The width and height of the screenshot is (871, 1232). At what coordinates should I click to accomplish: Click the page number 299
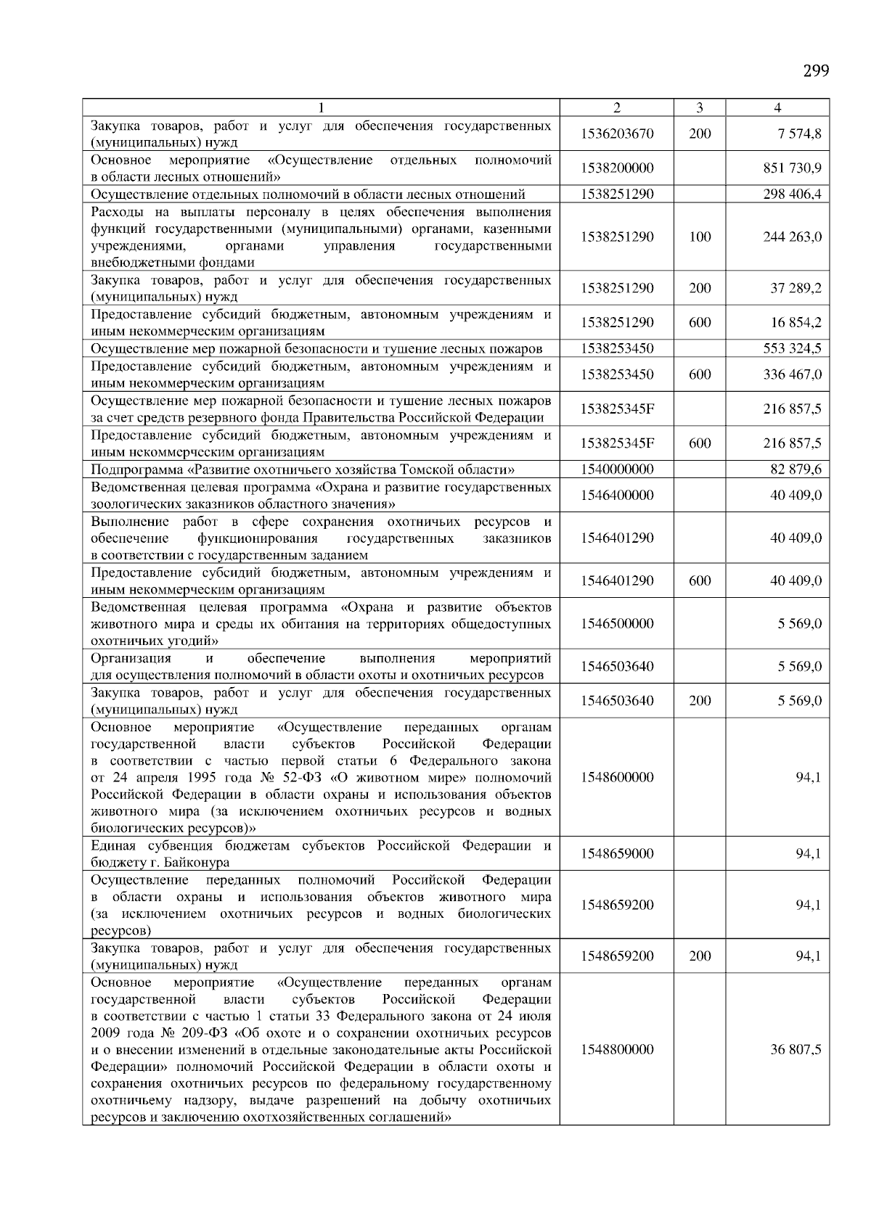[816, 71]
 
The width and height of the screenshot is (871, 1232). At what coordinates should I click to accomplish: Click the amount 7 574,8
[796, 134]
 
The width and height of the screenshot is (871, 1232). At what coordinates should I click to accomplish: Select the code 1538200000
[617, 168]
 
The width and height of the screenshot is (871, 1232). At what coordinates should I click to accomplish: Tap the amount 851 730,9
[792, 168]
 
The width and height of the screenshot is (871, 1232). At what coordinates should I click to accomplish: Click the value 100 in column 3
[700, 237]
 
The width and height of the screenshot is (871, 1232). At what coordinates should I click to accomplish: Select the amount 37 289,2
[796, 289]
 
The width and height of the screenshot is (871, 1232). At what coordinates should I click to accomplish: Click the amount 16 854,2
[796, 323]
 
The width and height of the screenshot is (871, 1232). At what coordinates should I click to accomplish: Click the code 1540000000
[617, 469]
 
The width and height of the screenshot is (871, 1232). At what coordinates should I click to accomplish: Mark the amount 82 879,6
[796, 469]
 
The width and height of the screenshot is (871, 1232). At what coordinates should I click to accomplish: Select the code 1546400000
[617, 496]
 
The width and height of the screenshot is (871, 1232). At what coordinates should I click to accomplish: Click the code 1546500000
[617, 624]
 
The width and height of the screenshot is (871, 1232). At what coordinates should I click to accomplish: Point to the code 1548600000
[617, 778]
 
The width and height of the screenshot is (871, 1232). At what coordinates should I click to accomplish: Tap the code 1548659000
[617, 854]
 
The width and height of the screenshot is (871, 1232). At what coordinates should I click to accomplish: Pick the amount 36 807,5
[796, 1050]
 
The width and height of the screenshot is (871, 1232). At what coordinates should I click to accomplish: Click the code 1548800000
[617, 1050]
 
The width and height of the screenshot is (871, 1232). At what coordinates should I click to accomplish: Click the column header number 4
[777, 108]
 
